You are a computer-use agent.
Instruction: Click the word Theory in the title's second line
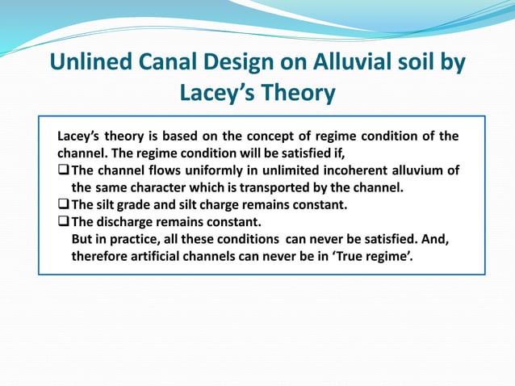pos(295,94)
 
